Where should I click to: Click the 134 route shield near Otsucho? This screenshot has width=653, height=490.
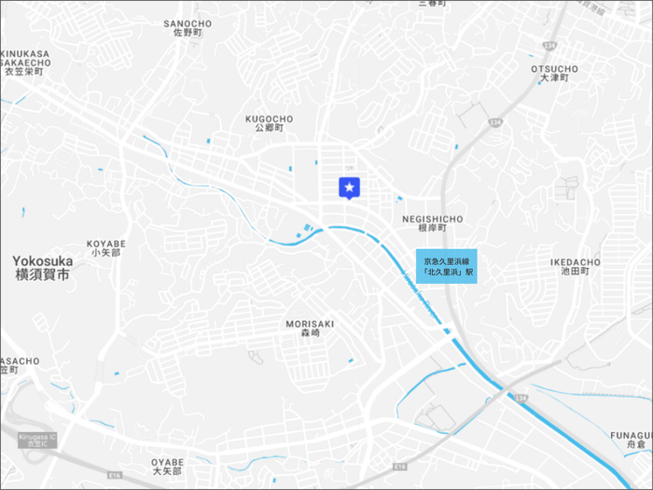[551, 45]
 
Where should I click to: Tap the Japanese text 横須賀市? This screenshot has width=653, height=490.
[43, 276]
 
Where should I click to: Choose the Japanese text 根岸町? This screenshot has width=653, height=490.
[432, 228]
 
